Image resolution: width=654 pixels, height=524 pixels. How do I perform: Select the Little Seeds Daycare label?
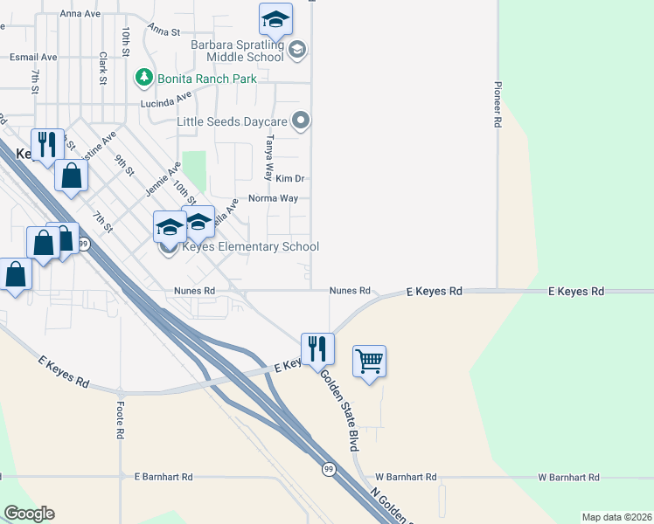point(232,121)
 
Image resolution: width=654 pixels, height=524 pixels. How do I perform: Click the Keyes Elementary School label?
point(250,247)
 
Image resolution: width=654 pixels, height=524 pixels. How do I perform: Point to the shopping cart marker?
point(369,360)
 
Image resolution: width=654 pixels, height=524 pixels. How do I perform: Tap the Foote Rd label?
point(120,421)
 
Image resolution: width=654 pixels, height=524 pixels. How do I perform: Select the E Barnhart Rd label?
point(163,477)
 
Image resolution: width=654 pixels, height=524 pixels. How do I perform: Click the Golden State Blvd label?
point(339,410)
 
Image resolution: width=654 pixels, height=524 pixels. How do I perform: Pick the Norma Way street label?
point(273,198)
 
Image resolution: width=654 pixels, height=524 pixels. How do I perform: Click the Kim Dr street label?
point(289,178)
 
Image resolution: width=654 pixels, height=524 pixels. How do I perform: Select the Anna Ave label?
point(81,14)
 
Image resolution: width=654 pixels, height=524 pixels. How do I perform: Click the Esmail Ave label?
point(33,57)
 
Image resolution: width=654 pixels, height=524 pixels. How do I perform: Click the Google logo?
point(29,514)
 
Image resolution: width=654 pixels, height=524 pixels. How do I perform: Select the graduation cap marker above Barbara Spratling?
point(275,18)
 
